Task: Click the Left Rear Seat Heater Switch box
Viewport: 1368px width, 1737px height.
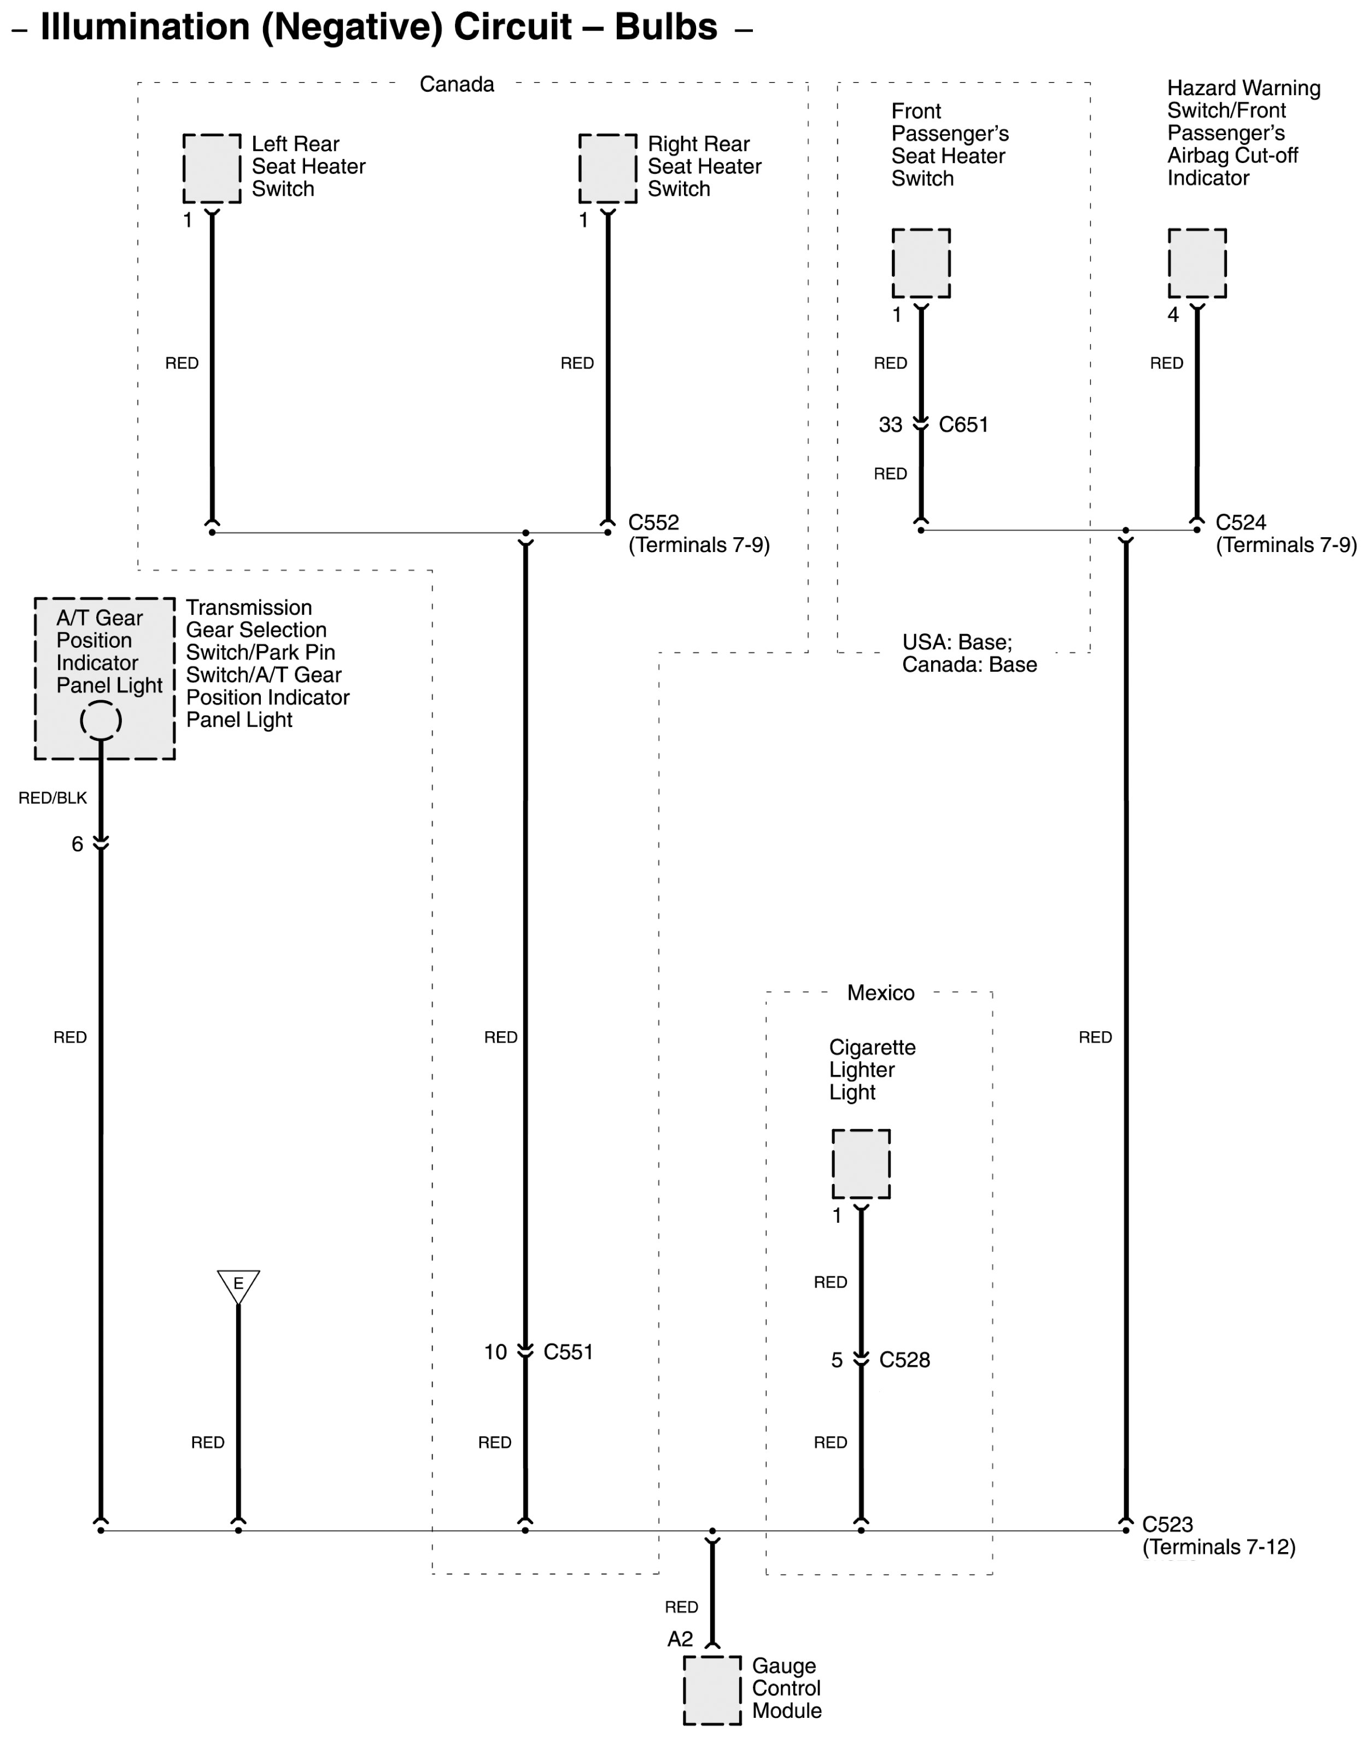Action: click(212, 169)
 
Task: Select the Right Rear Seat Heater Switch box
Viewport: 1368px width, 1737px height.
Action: click(608, 169)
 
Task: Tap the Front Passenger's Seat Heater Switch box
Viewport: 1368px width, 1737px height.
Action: click(921, 264)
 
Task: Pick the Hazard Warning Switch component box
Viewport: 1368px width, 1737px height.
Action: click(1197, 264)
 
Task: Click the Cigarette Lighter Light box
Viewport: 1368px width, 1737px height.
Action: click(861, 1164)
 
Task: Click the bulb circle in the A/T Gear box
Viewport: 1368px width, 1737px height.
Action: click(101, 719)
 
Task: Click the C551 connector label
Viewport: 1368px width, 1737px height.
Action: click(568, 1352)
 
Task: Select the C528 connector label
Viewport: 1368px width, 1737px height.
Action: click(904, 1360)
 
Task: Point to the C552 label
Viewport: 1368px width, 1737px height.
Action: click(653, 522)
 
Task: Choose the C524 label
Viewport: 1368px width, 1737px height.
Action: click(1241, 522)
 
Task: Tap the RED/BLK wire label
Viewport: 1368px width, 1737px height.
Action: click(53, 798)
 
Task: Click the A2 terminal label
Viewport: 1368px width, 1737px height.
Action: click(680, 1639)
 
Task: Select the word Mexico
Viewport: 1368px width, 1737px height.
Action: click(880, 992)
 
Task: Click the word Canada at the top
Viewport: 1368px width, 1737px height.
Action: click(457, 84)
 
